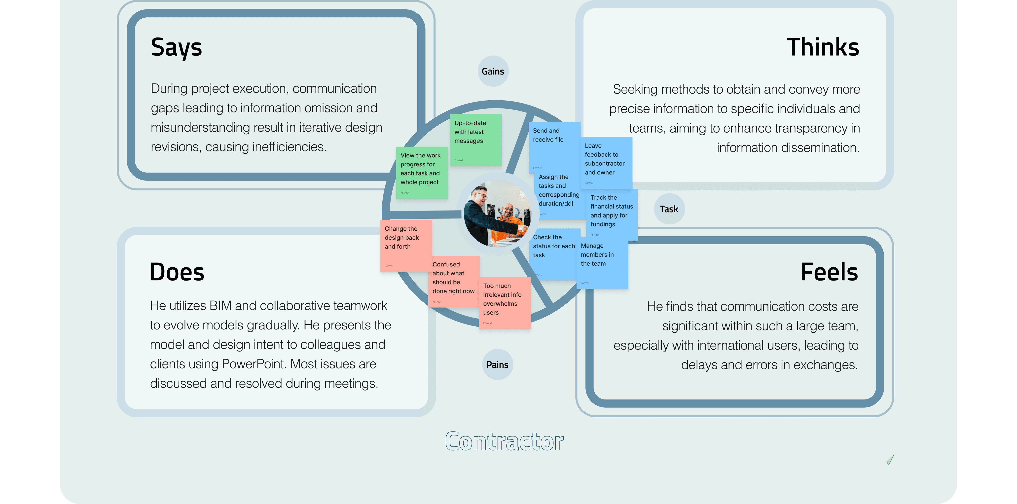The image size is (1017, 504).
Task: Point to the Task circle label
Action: click(669, 209)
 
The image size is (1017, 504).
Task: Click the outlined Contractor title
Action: click(504, 441)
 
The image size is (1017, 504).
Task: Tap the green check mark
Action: click(890, 460)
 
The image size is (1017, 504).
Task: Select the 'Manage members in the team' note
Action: click(602, 262)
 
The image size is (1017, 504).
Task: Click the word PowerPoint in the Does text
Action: click(254, 364)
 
